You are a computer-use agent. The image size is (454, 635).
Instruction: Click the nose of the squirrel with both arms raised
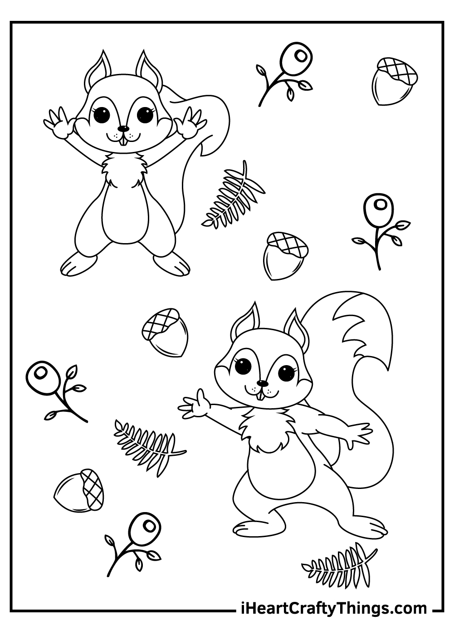point(123,129)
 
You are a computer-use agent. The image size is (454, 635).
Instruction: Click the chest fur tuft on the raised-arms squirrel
point(124,171)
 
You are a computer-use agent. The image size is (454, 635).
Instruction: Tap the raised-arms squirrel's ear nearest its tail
point(149,68)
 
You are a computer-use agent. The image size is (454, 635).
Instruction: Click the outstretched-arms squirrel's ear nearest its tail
point(297,329)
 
